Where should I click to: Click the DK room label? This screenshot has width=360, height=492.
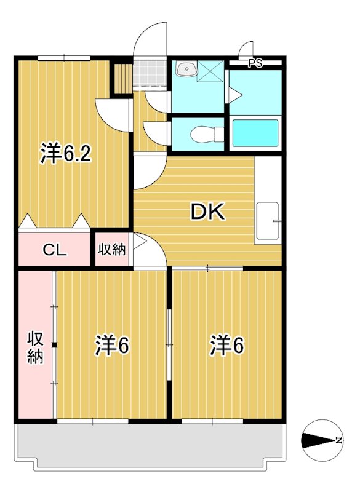tap(208, 212)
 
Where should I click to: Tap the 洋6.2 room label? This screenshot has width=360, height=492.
tap(66, 154)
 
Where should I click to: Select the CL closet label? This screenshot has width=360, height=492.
tap(54, 250)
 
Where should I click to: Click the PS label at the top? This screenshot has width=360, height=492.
tap(255, 63)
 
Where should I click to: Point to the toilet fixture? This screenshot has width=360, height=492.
tap(202, 133)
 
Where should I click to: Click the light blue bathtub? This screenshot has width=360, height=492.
tap(255, 133)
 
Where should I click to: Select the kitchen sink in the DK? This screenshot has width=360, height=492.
tap(268, 221)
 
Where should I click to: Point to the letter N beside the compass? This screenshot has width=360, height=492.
tap(338, 440)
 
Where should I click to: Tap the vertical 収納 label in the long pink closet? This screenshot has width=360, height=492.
tap(35, 347)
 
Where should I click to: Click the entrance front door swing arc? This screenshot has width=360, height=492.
tap(150, 40)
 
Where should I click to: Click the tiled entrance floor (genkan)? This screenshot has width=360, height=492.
tap(149, 74)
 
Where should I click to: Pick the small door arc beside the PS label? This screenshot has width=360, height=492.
tap(246, 49)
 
